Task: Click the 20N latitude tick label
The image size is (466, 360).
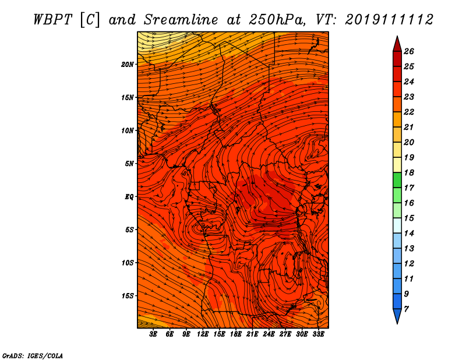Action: pos(127,65)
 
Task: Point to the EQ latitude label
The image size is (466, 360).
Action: pos(129,197)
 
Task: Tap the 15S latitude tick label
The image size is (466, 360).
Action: pos(127,296)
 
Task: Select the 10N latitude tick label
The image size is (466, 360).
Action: pos(127,130)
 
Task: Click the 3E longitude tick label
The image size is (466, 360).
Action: pos(153,334)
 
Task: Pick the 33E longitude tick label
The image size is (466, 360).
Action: pos(318,334)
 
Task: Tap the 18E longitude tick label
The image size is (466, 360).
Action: pos(236,334)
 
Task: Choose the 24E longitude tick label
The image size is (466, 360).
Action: pos(269,334)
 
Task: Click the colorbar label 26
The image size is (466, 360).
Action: pos(409,51)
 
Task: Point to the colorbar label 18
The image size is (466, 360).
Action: pos(409,172)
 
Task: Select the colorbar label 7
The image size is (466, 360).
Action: pos(406,309)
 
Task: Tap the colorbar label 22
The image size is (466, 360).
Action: pos(409,112)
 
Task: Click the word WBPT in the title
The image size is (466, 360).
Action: pos(52,20)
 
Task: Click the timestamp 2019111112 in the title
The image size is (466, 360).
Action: pos(389,20)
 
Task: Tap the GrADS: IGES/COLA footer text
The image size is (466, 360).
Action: pos(33,355)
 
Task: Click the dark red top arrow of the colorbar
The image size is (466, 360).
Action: pos(397,45)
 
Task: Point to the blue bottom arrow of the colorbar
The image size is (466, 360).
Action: pos(397,315)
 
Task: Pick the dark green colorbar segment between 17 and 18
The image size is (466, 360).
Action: pos(397,180)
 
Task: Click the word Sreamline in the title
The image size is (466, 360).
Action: pos(181,20)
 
